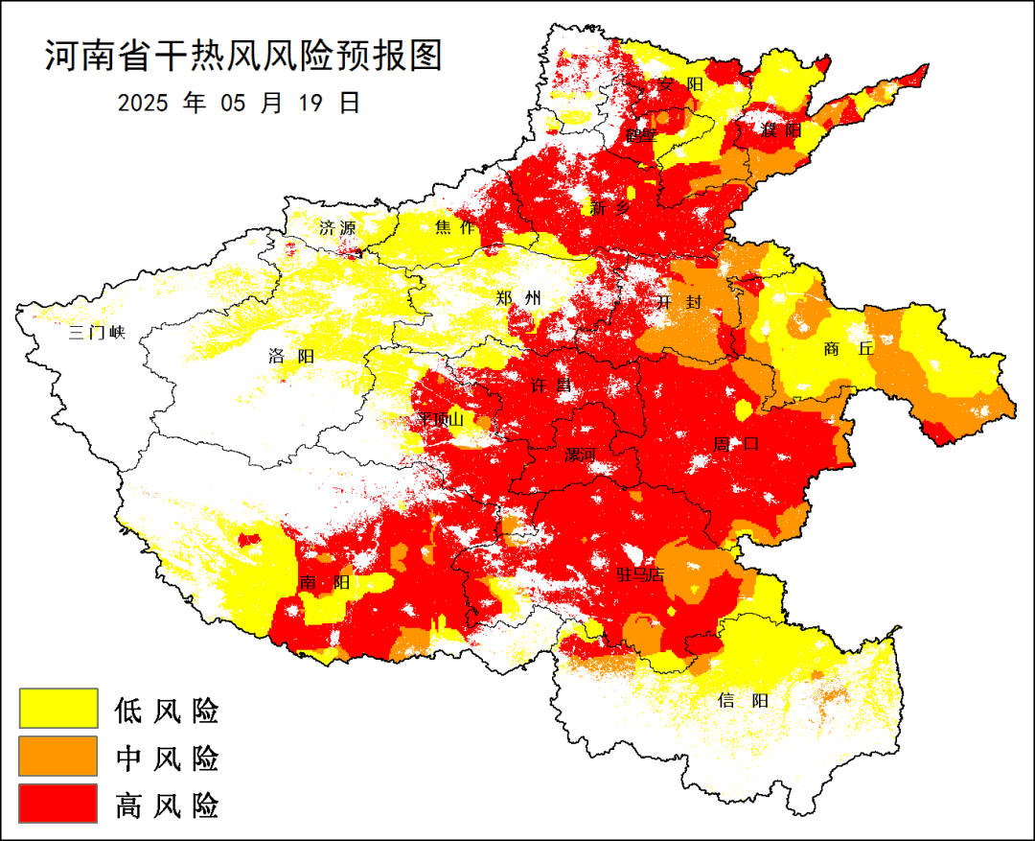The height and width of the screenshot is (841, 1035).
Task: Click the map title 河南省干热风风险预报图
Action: (243, 57)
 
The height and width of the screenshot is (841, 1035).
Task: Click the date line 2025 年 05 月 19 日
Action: (239, 103)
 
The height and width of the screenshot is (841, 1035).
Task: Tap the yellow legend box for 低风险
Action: (58, 709)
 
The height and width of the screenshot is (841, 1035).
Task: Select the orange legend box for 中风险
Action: (58, 756)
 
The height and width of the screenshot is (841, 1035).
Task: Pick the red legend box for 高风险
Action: (58, 804)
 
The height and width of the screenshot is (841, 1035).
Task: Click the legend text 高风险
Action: (167, 805)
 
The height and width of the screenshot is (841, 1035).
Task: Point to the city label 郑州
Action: (518, 298)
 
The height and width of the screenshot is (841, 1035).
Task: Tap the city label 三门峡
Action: (97, 334)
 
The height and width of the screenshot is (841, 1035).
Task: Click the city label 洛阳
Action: (291, 357)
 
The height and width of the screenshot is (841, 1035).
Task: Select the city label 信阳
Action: (743, 700)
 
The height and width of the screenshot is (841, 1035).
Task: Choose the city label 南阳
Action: (324, 583)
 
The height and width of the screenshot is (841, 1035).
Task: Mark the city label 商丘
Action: (848, 349)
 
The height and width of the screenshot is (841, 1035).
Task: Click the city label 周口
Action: (736, 444)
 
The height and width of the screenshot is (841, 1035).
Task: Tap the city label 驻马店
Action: (639, 575)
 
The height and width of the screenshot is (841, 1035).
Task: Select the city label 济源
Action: (337, 228)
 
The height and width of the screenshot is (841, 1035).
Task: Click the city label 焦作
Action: (455, 226)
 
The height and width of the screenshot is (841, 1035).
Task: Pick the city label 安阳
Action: (680, 84)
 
